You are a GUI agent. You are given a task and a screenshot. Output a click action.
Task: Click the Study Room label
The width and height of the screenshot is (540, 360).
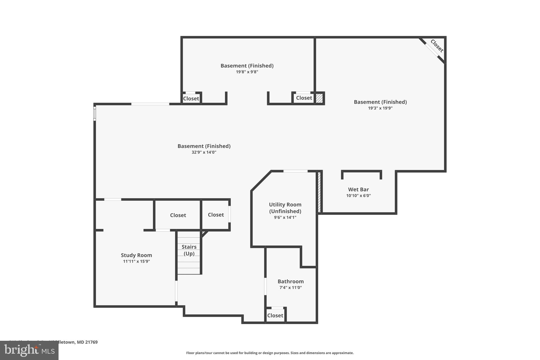coord(136,255)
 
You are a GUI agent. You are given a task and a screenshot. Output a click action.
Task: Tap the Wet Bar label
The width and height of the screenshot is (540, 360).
coord(358,189)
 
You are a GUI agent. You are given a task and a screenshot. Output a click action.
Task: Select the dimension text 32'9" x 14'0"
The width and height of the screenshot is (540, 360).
coord(204,152)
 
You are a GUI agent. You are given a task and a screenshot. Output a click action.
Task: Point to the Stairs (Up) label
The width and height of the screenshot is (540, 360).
coord(189,250)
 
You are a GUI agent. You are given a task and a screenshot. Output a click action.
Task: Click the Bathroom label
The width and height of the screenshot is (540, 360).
coord(291,281)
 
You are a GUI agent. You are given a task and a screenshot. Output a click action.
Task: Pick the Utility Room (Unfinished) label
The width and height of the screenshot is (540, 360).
coord(285,208)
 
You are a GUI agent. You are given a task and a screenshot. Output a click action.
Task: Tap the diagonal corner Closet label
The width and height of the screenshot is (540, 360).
coord(437,46)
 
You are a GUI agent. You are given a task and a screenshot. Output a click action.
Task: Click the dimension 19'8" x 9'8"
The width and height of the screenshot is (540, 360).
coord(247,72)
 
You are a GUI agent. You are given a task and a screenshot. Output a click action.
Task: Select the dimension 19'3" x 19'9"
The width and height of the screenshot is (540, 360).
coord(380,108)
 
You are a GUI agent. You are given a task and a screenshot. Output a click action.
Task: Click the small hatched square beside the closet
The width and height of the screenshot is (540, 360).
coord(319,98)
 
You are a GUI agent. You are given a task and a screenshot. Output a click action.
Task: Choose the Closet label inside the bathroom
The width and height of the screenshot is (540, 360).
coord(275,315)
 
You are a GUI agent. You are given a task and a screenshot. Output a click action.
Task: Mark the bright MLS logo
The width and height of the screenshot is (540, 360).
coord(29,351)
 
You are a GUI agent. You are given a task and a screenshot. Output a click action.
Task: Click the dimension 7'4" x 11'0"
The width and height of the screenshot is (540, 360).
coord(291,287)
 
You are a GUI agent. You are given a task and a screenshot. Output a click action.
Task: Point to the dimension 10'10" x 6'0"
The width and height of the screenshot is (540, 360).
coord(358,196)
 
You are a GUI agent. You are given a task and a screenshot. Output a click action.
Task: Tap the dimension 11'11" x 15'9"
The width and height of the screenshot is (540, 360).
coord(136,261)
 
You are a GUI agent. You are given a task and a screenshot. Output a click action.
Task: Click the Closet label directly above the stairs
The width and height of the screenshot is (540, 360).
coord(178,215)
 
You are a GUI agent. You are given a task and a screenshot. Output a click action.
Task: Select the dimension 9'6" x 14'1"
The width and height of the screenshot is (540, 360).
coord(285,218)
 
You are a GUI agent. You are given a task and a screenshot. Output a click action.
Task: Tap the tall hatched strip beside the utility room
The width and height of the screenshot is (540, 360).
coord(319,192)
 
